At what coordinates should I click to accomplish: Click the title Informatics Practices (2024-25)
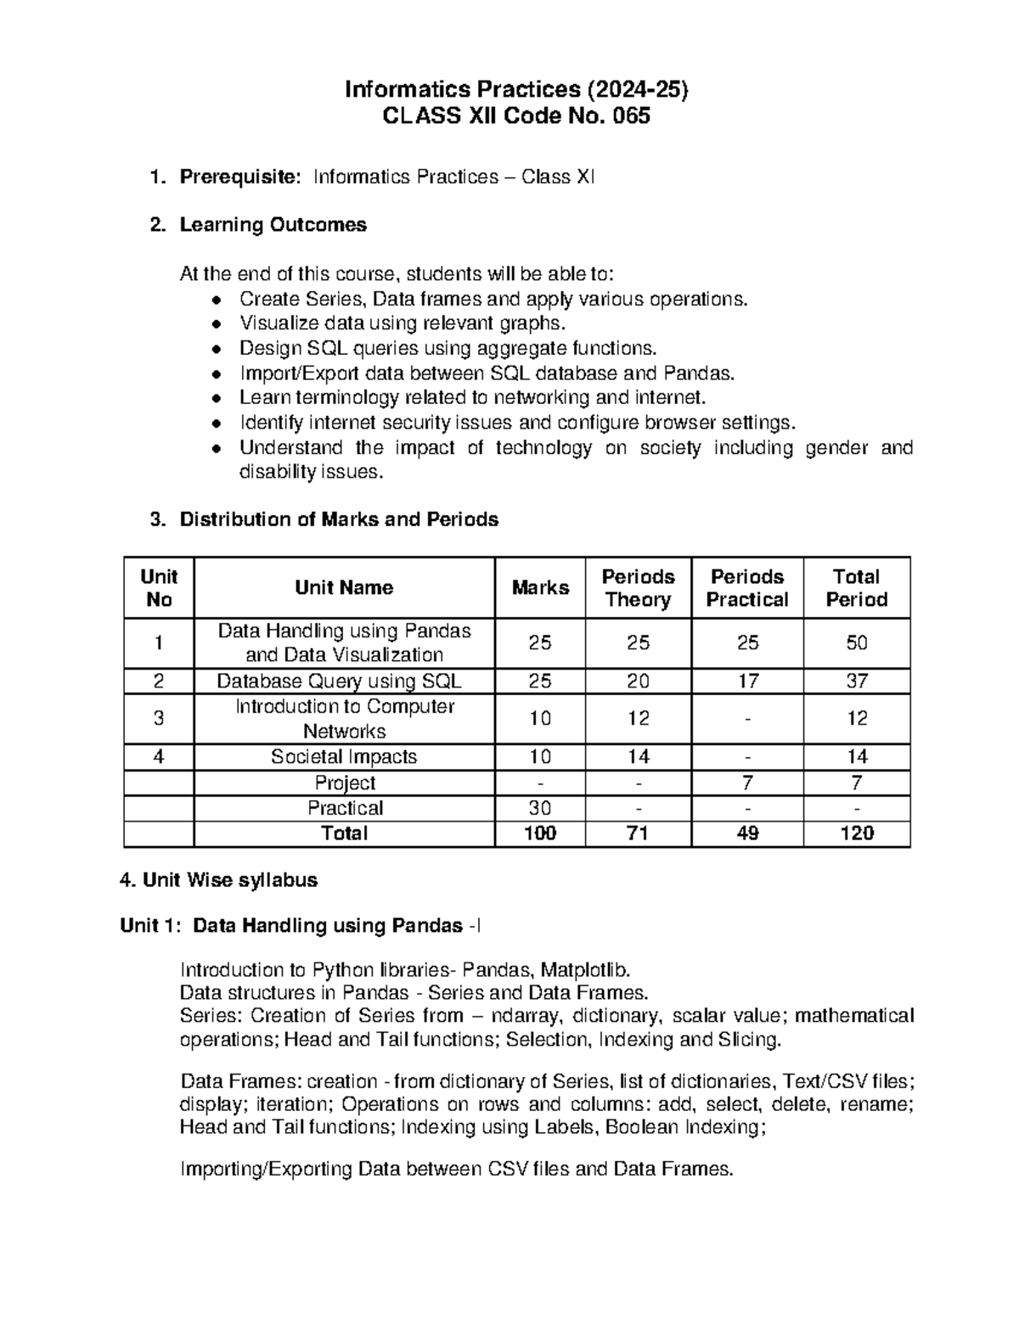point(515,89)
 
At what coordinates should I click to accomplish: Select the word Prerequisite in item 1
point(240,177)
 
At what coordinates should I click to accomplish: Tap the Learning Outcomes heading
point(273,225)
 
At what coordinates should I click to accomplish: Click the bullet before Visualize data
point(218,324)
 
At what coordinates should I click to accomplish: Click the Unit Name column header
point(344,588)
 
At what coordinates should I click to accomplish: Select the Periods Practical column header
point(747,588)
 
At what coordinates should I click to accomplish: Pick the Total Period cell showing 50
point(856,643)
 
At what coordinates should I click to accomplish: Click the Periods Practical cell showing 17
point(747,681)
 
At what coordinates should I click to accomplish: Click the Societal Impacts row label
point(344,757)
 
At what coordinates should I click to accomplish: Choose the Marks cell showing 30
point(540,808)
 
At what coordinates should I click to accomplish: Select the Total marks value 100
point(540,833)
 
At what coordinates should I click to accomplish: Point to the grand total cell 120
point(856,833)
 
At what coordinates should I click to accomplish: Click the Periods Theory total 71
point(638,833)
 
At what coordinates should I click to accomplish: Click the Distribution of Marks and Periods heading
point(339,519)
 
